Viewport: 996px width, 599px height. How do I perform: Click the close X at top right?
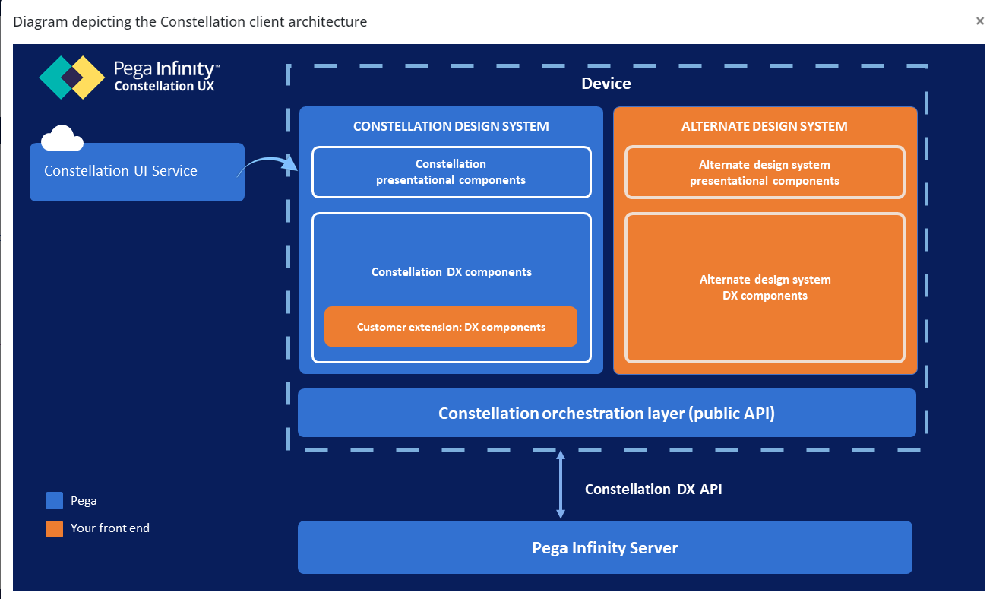click(979, 21)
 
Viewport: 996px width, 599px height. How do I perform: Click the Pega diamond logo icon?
click(72, 78)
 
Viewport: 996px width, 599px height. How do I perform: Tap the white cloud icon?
click(62, 138)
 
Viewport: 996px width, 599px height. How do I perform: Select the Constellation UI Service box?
click(137, 172)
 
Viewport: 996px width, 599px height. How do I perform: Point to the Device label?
click(606, 84)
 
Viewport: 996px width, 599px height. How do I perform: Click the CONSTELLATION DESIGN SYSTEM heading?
click(451, 126)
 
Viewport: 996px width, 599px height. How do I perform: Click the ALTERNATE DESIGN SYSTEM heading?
click(764, 126)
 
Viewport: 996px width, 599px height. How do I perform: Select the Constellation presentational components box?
click(451, 173)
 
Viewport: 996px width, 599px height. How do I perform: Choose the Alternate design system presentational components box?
click(765, 173)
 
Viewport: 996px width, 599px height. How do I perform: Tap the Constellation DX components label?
click(451, 272)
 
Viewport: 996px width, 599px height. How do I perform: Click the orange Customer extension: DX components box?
click(451, 327)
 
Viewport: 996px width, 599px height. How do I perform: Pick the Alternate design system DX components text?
click(765, 287)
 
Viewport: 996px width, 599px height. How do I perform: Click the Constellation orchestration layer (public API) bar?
click(607, 413)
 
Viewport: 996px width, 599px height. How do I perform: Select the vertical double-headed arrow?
click(561, 485)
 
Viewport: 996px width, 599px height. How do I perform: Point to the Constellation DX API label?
click(653, 489)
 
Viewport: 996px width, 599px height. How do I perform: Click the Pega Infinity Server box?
click(606, 547)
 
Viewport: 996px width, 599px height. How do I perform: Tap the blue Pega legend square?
click(54, 501)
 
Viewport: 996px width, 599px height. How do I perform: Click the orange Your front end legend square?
click(54, 529)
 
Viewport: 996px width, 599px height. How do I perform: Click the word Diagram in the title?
click(40, 22)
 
